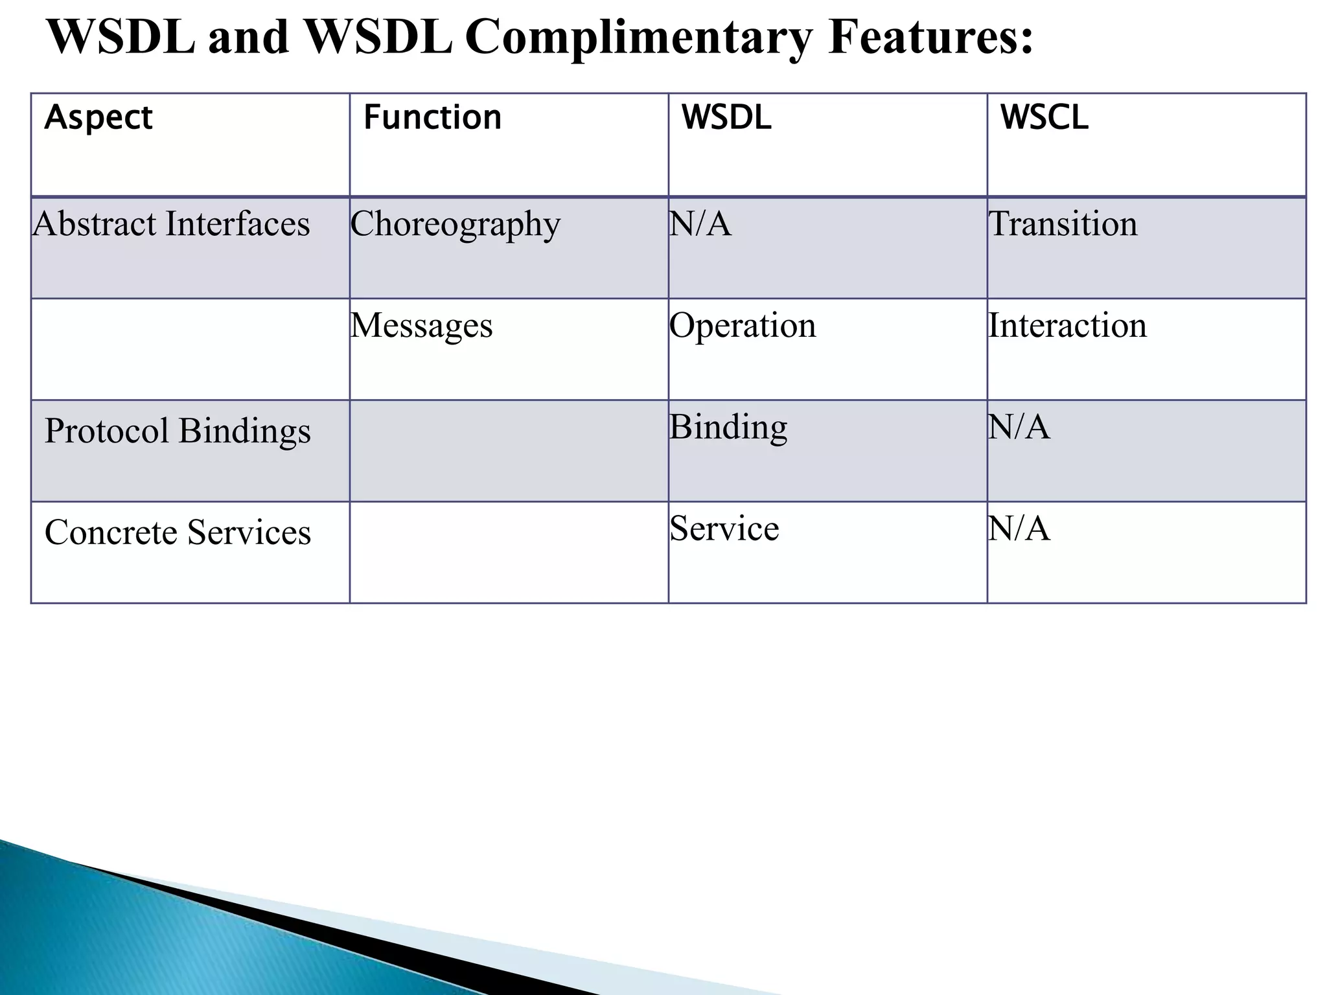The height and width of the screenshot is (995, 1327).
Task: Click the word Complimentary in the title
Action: (x=638, y=38)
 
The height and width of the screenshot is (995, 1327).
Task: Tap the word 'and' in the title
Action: (x=249, y=38)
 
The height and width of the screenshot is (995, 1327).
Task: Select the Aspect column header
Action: (x=98, y=118)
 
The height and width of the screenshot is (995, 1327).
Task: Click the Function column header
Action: (x=432, y=118)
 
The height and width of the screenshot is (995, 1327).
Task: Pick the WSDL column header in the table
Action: (x=726, y=118)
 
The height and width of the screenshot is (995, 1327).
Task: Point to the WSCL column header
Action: (x=1044, y=118)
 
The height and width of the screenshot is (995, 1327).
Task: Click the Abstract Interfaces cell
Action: (x=172, y=224)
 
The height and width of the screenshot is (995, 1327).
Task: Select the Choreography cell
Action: (x=456, y=225)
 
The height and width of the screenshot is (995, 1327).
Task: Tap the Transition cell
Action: (x=1063, y=224)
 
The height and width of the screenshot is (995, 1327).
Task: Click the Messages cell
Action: (x=422, y=325)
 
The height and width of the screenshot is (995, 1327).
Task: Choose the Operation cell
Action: (x=743, y=326)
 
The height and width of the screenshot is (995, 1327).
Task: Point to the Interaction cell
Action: (x=1067, y=325)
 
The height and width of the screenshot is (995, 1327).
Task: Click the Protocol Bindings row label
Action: (x=178, y=431)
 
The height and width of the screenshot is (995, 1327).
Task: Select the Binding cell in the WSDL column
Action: (x=728, y=428)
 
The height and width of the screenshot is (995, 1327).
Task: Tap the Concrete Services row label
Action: (x=178, y=532)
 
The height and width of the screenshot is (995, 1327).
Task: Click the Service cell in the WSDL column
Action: (x=724, y=529)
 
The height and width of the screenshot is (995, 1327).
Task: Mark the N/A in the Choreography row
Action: (x=700, y=224)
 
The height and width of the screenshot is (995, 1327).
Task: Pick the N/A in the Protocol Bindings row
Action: (x=1019, y=428)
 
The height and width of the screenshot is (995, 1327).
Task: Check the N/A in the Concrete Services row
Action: (x=1019, y=529)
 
